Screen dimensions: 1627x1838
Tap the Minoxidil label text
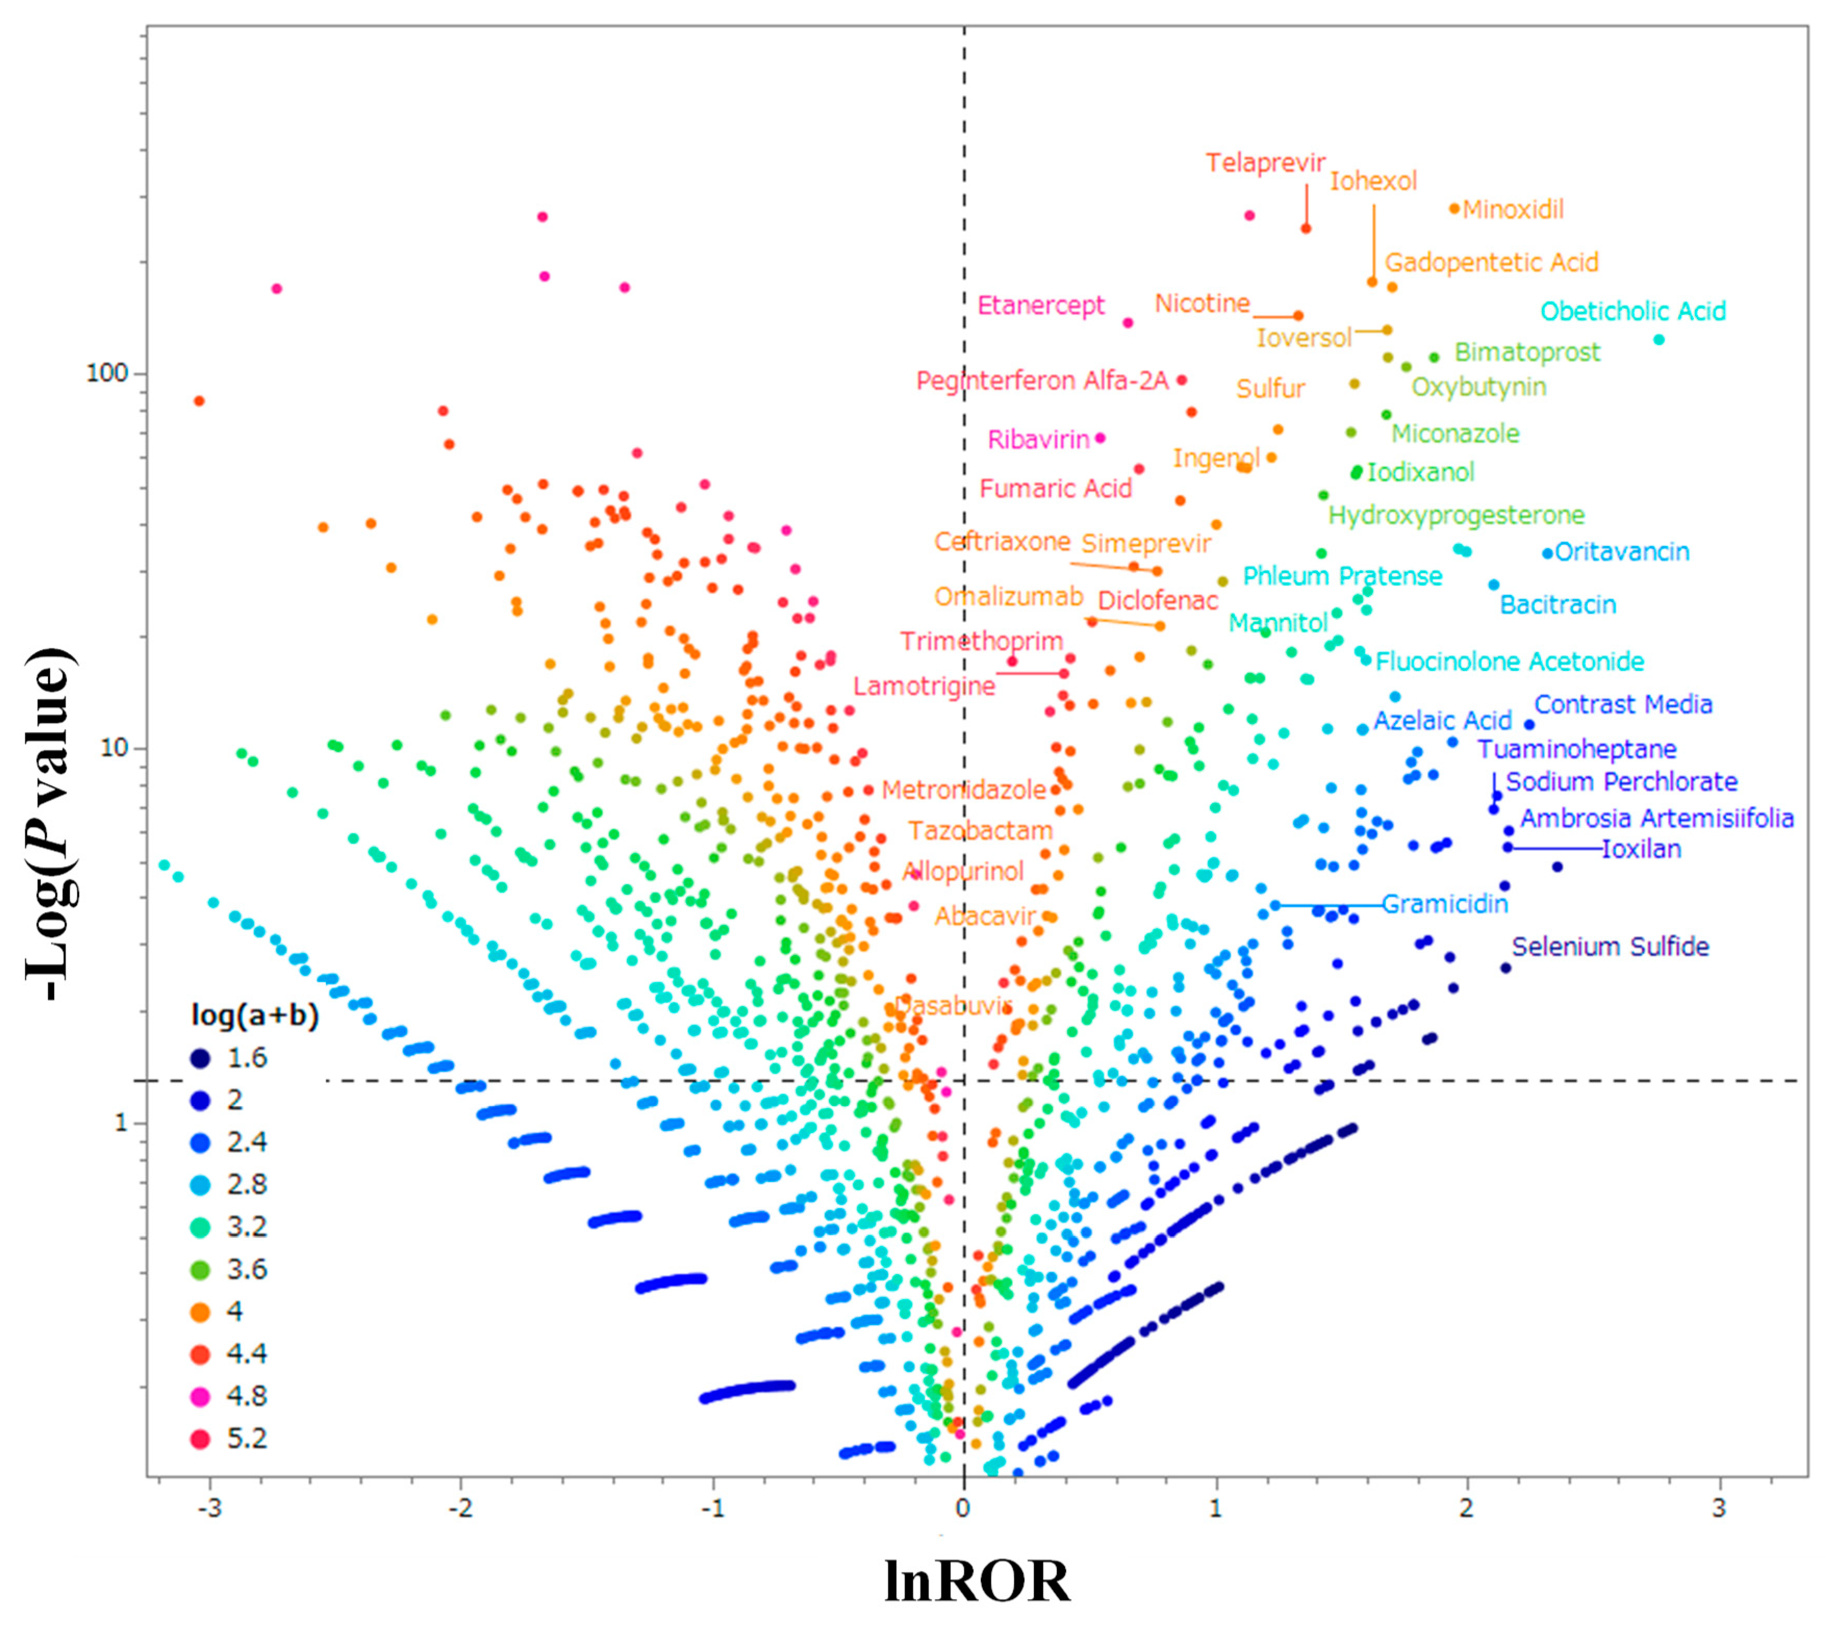(x=1513, y=210)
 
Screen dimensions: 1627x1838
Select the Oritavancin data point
(x=1548, y=554)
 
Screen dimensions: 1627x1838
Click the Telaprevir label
(x=1265, y=163)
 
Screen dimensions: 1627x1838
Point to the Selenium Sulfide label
(x=1610, y=946)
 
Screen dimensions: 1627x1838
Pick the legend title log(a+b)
(x=254, y=1015)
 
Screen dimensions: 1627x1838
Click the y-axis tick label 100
(x=107, y=373)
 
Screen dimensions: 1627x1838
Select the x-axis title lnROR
(x=977, y=1581)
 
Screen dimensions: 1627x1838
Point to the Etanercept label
(x=1040, y=306)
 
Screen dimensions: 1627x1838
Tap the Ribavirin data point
(x=1100, y=439)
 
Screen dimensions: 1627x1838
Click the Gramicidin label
(x=1444, y=904)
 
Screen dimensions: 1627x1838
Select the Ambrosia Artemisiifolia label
(x=1656, y=819)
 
